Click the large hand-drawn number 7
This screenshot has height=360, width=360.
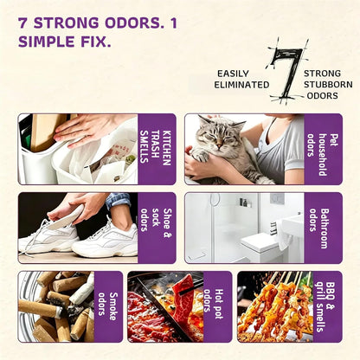pyautogui.click(x=286, y=72)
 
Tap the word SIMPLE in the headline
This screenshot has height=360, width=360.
pyautogui.click(x=47, y=42)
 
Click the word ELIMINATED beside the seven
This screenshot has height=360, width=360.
pyautogui.click(x=241, y=85)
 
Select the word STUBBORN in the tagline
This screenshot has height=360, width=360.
pyautogui.click(x=328, y=85)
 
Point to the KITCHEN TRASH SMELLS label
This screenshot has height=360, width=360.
pyautogui.click(x=155, y=147)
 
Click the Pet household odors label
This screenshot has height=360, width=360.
pyautogui.click(x=322, y=154)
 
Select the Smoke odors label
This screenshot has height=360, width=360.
pyautogui.click(x=108, y=306)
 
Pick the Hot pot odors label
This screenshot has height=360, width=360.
pyautogui.click(x=214, y=304)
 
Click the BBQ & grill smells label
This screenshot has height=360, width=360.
pyautogui.click(x=325, y=306)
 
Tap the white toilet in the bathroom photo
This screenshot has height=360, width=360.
pyautogui.click(x=259, y=245)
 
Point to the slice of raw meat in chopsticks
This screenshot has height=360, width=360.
pyautogui.click(x=183, y=297)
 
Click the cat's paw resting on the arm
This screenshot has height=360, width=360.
pyautogui.click(x=202, y=155)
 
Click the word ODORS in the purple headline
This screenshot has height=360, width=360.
pyautogui.click(x=132, y=23)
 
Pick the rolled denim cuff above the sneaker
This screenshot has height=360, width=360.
pyautogui.click(x=118, y=200)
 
